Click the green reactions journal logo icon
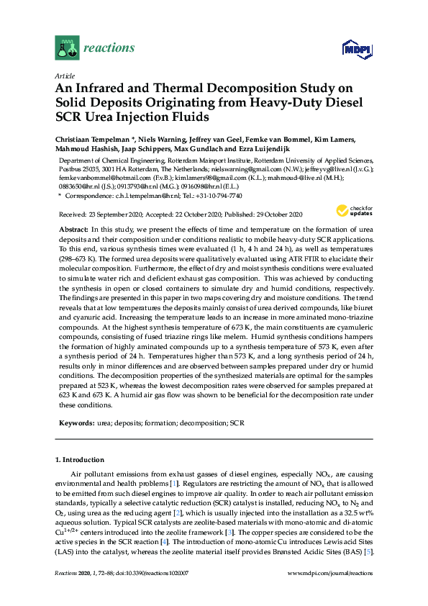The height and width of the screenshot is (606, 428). pyautogui.click(x=67, y=48)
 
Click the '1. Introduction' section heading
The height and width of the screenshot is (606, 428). pyautogui.click(x=81, y=459)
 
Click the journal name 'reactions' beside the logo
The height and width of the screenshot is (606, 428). pyautogui.click(x=109, y=48)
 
